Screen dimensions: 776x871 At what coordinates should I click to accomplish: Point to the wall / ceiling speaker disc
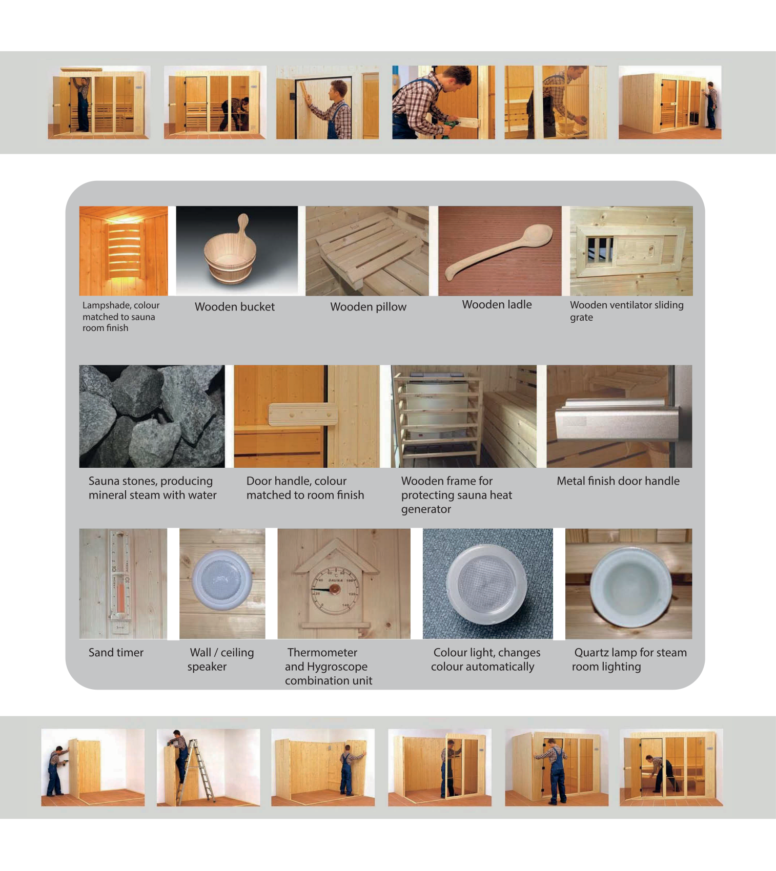click(221, 580)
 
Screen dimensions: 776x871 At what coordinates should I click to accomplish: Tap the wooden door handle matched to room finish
click(303, 414)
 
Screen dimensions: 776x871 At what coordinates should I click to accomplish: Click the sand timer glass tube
click(121, 574)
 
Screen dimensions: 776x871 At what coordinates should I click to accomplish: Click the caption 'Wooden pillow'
click(368, 307)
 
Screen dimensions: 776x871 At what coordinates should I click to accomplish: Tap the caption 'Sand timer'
click(116, 652)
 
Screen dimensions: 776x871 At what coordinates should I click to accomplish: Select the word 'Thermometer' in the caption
click(322, 652)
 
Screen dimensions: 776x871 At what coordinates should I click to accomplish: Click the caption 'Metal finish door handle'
click(618, 481)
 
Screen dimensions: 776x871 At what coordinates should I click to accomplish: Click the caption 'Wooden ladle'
click(497, 305)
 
